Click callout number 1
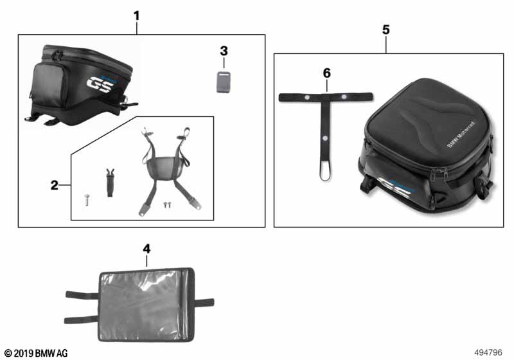click(x=137, y=15)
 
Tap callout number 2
click(x=55, y=185)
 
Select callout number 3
click(x=224, y=51)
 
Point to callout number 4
click(x=146, y=249)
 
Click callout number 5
click(x=386, y=30)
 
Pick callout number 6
click(x=327, y=73)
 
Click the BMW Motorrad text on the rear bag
click(x=461, y=134)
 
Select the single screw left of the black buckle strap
click(x=87, y=199)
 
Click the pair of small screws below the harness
click(x=168, y=204)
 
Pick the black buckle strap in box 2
click(x=111, y=183)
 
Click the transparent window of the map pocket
click(x=144, y=304)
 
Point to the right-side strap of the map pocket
click(x=204, y=303)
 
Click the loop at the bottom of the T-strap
click(x=325, y=171)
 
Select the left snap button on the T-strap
click(x=307, y=97)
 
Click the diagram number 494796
click(x=488, y=352)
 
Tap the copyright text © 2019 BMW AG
click(x=36, y=353)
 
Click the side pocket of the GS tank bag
click(x=48, y=84)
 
